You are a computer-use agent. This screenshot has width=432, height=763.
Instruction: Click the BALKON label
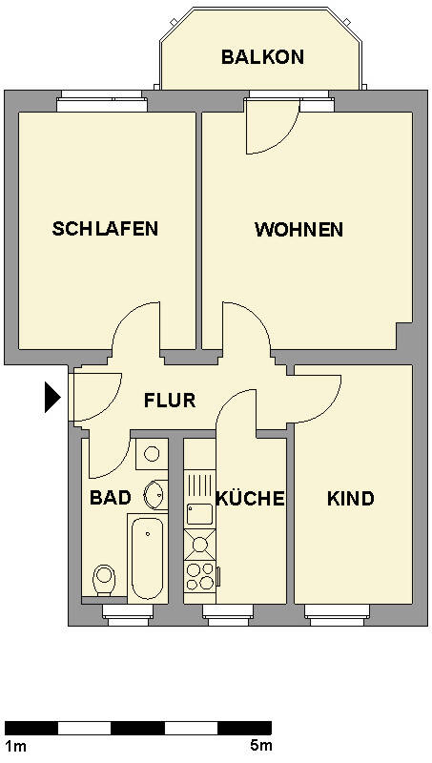[x=262, y=57]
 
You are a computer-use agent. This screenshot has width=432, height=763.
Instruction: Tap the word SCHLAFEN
[x=105, y=228]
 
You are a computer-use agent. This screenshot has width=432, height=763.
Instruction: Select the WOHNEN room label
[x=298, y=229]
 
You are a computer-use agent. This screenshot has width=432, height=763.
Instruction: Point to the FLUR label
[x=170, y=400]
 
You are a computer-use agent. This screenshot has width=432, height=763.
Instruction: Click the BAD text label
[x=111, y=498]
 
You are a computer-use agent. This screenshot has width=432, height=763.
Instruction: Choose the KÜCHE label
[x=250, y=497]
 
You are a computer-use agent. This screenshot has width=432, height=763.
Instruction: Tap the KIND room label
[x=351, y=499]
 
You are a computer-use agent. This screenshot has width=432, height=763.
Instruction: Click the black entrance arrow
[x=52, y=397]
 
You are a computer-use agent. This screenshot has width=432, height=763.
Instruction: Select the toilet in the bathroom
[x=104, y=580]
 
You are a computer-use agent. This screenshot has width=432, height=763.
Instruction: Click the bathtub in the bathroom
[x=148, y=558]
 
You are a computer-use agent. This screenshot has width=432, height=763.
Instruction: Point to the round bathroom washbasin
[x=155, y=494]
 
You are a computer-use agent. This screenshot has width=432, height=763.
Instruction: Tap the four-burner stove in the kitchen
[x=200, y=576]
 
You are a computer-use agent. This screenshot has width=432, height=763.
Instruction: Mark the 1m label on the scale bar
[x=16, y=746]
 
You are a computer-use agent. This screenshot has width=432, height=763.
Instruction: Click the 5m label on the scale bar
[x=260, y=745]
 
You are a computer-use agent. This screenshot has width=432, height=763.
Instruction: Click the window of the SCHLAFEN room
[x=102, y=101]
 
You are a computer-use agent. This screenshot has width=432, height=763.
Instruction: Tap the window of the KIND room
[x=339, y=614]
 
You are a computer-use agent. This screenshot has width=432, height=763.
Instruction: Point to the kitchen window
[x=228, y=614]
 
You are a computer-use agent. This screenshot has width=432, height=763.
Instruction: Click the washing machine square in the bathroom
[x=152, y=454]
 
